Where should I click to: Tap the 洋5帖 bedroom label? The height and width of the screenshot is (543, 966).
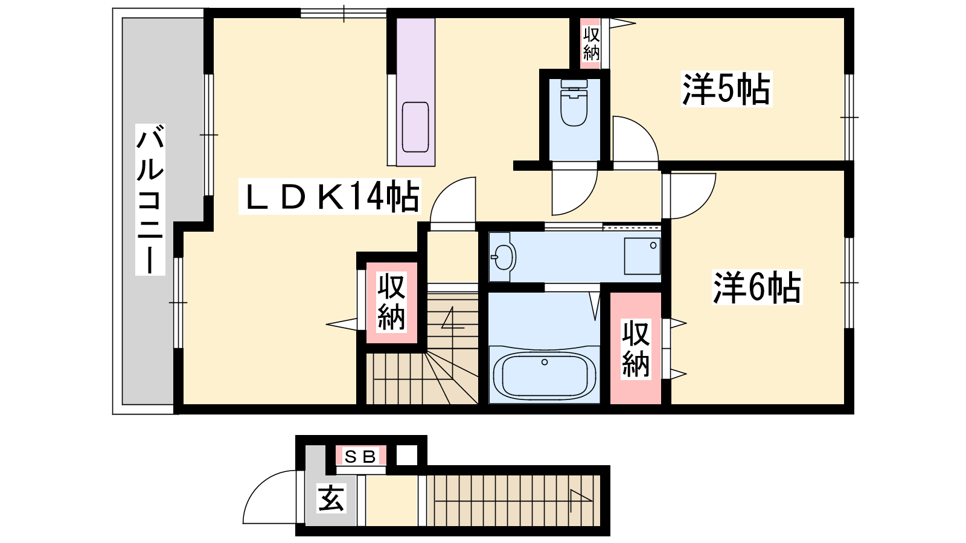pos(726,89)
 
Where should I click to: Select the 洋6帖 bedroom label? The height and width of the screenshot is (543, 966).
pos(757,287)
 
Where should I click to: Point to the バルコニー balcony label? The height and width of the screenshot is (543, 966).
pos(150,200)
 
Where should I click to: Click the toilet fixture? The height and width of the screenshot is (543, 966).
pos(574,103)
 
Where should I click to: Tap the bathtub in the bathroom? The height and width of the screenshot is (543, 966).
pos(544,375)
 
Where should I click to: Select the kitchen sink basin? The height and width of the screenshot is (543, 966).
pos(415,127)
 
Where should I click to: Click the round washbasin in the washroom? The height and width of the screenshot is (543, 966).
pos(503,257)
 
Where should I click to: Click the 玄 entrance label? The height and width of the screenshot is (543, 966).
pos(331,498)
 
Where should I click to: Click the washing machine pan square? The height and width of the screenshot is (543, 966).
pos(642,256)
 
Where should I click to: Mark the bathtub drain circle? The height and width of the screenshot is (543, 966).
pos(545,363)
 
